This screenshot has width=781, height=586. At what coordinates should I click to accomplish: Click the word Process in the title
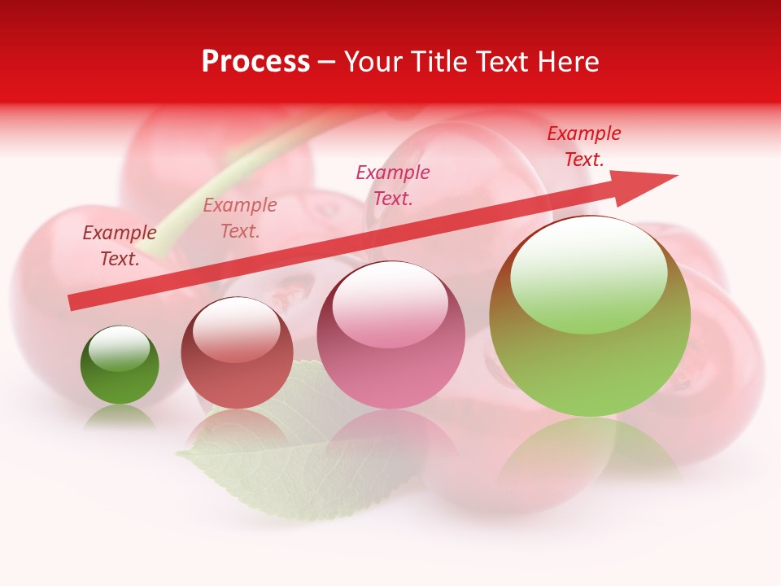pyautogui.click(x=255, y=62)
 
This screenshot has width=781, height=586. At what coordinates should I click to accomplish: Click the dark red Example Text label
pyautogui.click(x=120, y=246)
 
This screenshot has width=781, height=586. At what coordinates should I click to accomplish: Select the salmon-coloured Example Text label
pyautogui.click(x=240, y=218)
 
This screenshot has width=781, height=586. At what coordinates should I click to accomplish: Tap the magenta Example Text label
pyautogui.click(x=393, y=186)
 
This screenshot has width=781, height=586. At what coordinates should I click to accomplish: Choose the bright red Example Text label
pyautogui.click(x=583, y=146)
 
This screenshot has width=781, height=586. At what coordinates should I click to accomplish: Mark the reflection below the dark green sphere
pyautogui.click(x=120, y=417)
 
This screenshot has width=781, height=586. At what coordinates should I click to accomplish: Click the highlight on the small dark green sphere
pyautogui.click(x=120, y=348)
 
